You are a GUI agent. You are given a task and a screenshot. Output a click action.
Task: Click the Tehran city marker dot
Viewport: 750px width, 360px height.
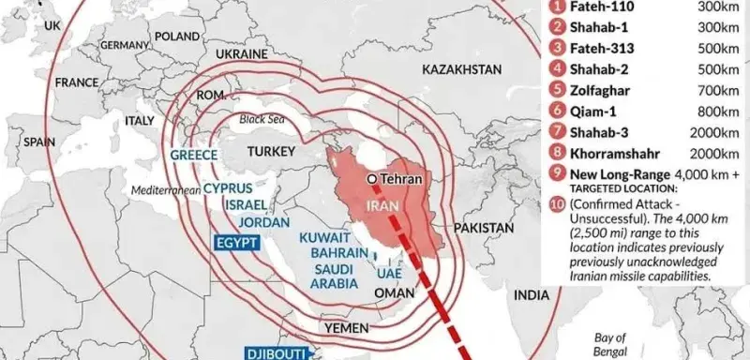(372, 177)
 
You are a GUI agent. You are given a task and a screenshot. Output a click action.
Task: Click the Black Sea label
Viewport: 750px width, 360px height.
(261, 119)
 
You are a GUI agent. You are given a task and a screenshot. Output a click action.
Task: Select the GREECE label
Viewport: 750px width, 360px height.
(194, 156)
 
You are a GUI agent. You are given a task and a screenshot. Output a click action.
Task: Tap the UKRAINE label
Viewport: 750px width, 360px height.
(244, 53)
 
